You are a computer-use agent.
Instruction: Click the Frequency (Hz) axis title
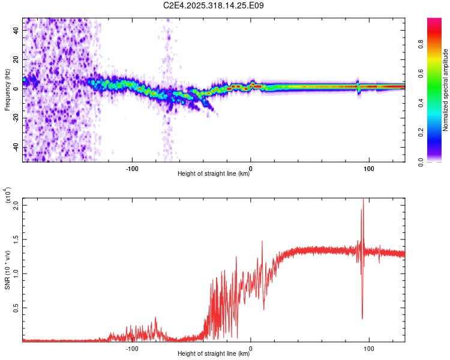point(7,90)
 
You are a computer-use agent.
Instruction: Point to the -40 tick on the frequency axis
point(17,148)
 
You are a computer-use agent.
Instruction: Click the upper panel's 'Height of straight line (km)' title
point(214,175)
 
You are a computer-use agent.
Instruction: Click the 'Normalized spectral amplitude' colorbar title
point(446,90)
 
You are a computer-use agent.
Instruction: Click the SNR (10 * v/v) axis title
point(7,269)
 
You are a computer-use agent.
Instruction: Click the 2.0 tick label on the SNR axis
point(16,205)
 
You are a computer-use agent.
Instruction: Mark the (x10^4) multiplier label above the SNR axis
point(8,196)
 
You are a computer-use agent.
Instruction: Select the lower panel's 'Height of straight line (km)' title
point(214,355)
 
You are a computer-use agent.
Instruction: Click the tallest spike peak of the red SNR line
point(363,200)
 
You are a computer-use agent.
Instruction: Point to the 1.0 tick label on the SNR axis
point(16,273)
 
